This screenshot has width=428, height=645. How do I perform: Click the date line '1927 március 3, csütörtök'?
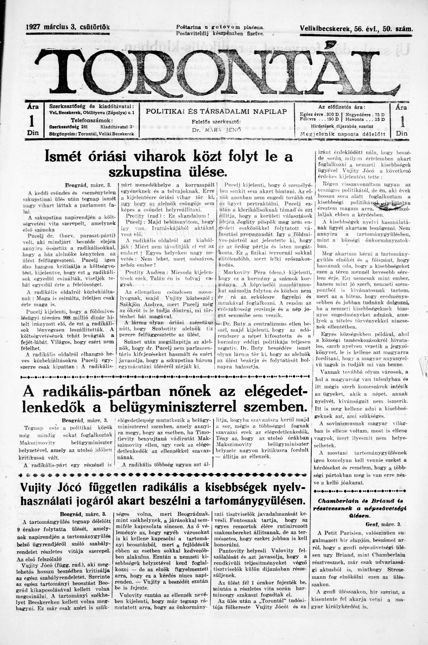(68, 27)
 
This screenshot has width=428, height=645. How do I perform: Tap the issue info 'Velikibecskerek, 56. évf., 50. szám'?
(356, 28)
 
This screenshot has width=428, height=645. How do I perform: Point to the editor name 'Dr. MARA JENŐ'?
(216, 130)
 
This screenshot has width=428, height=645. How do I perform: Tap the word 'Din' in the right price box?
(401, 133)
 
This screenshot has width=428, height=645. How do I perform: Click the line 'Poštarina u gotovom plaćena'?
(220, 27)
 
